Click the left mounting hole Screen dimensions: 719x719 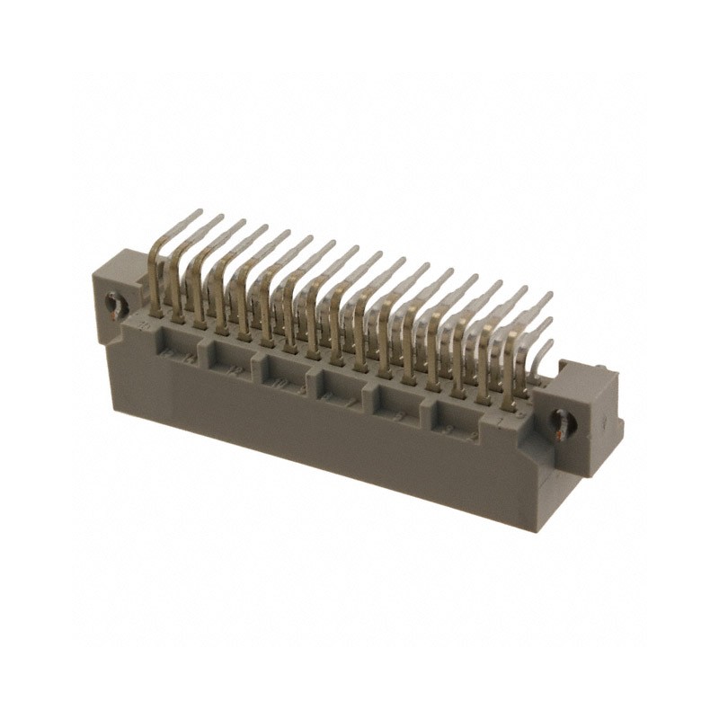(114, 306)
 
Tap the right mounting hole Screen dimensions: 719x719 (564, 422)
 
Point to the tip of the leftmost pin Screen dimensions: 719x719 (199, 212)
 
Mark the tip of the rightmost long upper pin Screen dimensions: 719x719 (549, 296)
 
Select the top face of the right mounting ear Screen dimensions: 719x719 (589, 368)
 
